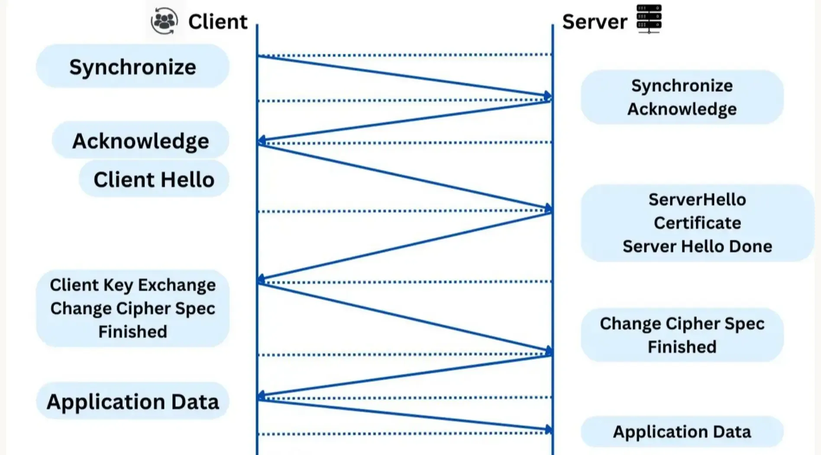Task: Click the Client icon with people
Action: tap(164, 21)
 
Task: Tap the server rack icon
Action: tap(649, 19)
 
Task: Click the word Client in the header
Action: tap(218, 22)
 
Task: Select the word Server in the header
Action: tap(595, 22)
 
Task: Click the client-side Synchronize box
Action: tap(133, 66)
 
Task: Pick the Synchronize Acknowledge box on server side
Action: tap(682, 97)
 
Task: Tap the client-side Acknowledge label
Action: tap(140, 140)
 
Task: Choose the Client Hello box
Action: tap(154, 179)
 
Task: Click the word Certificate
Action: tap(697, 223)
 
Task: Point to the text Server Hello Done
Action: tap(697, 246)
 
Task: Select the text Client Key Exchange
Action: tap(133, 285)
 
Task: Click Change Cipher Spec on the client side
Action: tap(133, 309)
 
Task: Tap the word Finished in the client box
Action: tap(133, 331)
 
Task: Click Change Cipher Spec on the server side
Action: tap(682, 324)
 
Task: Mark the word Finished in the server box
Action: tap(682, 347)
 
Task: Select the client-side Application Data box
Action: tap(133, 401)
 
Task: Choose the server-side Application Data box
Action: tap(682, 432)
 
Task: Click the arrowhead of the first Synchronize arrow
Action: tap(548, 96)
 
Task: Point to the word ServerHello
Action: tap(697, 200)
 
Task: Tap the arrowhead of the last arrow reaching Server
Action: tap(549, 429)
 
